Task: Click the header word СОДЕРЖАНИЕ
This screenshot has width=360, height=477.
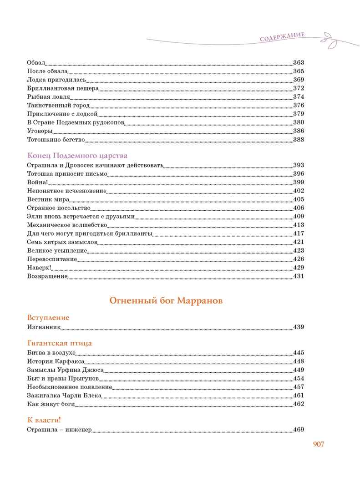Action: pos(282,37)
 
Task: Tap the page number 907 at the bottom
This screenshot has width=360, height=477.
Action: pos(318,445)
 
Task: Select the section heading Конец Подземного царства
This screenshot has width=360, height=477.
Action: pos(77,156)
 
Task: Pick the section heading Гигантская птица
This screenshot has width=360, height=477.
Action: pos(59,343)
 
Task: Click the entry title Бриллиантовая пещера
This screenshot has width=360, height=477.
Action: pos(63,88)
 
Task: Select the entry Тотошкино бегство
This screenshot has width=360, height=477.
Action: pos(56,140)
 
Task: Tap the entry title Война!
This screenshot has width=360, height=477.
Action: pos(37,182)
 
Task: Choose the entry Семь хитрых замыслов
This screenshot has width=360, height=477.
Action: pos(62,242)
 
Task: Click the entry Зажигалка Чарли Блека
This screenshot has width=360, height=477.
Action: pos(64,396)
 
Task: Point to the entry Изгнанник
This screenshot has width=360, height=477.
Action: pos(44,327)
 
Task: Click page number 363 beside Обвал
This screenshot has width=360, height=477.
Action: pos(298,63)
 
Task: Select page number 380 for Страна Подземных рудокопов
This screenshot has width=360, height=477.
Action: pos(298,122)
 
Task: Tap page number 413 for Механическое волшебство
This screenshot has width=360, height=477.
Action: pos(298,225)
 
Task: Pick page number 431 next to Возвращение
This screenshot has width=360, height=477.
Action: pos(298,276)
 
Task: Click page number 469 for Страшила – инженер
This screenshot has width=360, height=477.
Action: pos(298,430)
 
